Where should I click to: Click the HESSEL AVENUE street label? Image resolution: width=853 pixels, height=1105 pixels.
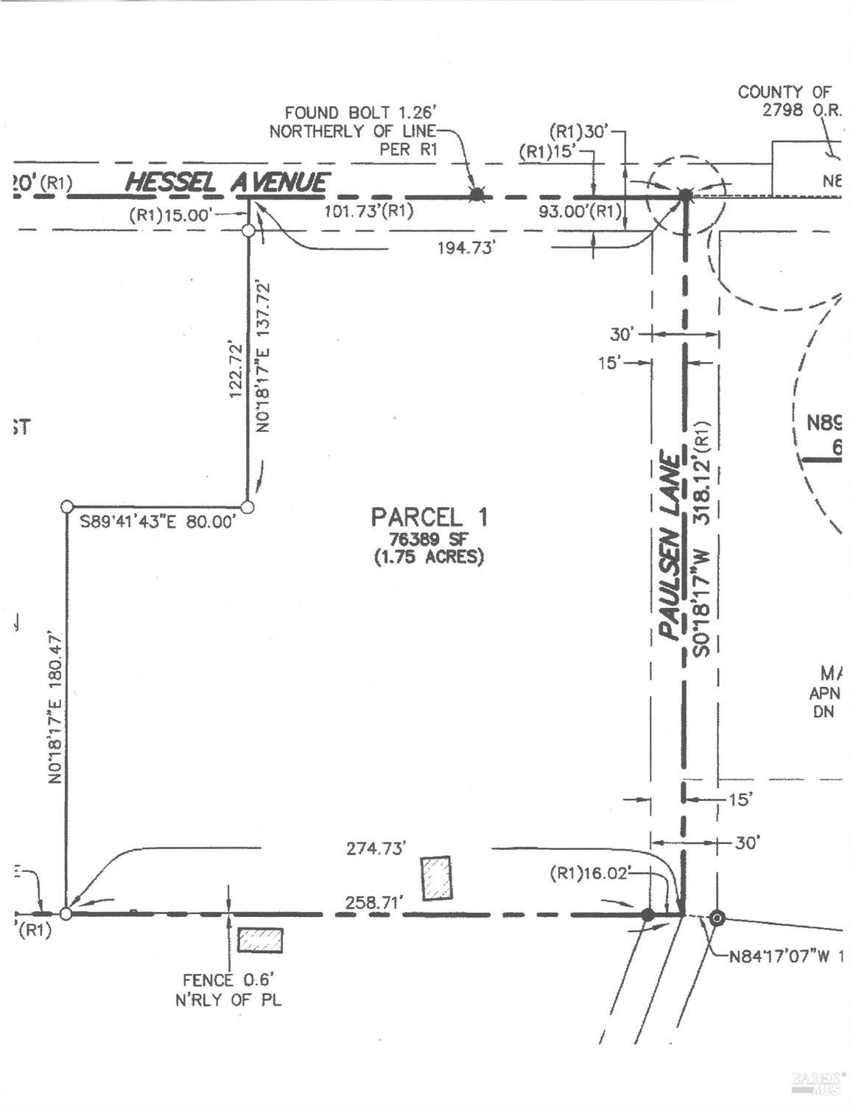226,182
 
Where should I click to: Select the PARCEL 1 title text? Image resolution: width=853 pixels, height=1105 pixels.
429,517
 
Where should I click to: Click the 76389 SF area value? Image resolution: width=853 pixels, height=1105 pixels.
429,540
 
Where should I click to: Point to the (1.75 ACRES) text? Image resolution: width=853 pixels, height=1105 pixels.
429,557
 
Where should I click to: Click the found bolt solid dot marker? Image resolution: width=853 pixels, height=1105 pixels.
477,195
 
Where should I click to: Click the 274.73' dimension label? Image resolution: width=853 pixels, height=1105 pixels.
376,848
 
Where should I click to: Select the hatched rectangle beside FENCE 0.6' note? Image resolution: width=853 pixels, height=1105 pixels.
260,940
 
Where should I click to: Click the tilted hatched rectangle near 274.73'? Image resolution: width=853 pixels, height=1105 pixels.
436,878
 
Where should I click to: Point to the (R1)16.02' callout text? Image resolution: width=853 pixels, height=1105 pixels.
590,874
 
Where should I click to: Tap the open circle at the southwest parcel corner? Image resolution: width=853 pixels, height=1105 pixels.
66,913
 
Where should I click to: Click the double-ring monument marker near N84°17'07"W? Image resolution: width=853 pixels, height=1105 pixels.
716,917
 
